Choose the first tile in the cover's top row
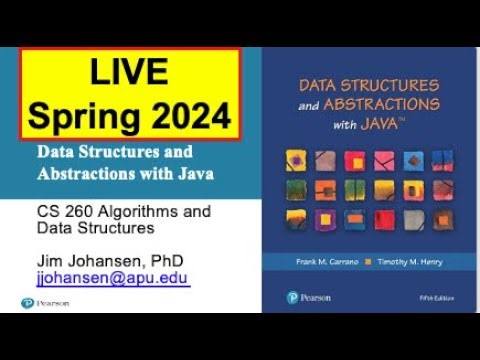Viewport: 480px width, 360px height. click(296, 159)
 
